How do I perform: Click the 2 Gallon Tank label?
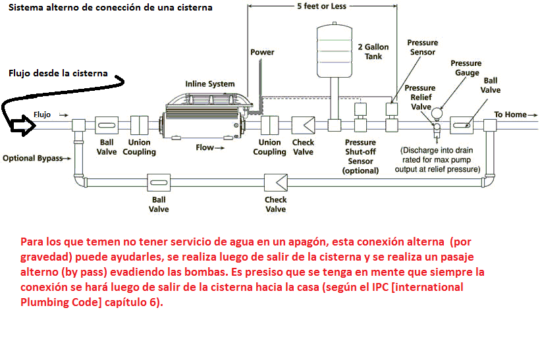click(373, 51)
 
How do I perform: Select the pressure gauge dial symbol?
click(435, 112)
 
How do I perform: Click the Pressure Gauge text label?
click(466, 68)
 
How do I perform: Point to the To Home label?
click(510, 115)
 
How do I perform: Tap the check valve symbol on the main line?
click(303, 125)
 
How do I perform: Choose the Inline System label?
click(209, 84)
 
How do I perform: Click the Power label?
click(262, 52)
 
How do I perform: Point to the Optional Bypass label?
click(32, 159)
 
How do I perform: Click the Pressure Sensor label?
click(422, 47)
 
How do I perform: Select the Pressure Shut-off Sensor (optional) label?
click(360, 156)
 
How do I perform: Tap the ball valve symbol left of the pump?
click(107, 125)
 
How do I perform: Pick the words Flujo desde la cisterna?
click(58, 73)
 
